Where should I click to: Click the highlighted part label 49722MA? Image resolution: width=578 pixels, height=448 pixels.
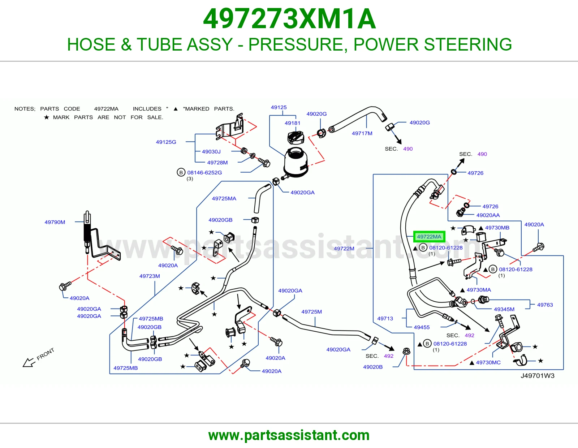(429, 237)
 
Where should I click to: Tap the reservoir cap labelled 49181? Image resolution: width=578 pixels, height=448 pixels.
(295, 138)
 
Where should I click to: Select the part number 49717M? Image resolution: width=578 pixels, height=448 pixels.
(362, 133)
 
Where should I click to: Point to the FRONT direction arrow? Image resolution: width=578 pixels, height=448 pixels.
(29, 362)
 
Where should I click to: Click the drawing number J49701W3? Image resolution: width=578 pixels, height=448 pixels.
(537, 376)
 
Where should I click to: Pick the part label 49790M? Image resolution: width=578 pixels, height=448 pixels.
(55, 222)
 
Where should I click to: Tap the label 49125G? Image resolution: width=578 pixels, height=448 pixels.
(166, 142)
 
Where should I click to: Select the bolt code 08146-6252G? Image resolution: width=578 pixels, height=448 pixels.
(204, 173)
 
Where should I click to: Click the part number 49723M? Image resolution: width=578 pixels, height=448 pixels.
(150, 276)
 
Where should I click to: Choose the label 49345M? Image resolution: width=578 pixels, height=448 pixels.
(504, 309)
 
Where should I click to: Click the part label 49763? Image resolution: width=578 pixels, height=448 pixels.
(545, 305)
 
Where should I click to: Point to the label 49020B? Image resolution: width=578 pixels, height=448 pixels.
(373, 367)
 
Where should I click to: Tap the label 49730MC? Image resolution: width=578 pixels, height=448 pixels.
(488, 362)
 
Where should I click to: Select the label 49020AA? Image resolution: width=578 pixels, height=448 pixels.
(488, 215)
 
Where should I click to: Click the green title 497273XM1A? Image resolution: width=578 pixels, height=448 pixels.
(289, 19)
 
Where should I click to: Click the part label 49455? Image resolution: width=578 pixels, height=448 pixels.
(422, 327)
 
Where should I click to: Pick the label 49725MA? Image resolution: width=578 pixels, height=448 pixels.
(224, 198)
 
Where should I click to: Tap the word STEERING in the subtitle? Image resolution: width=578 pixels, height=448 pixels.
(467, 44)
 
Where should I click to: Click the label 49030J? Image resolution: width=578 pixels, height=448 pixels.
(211, 152)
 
